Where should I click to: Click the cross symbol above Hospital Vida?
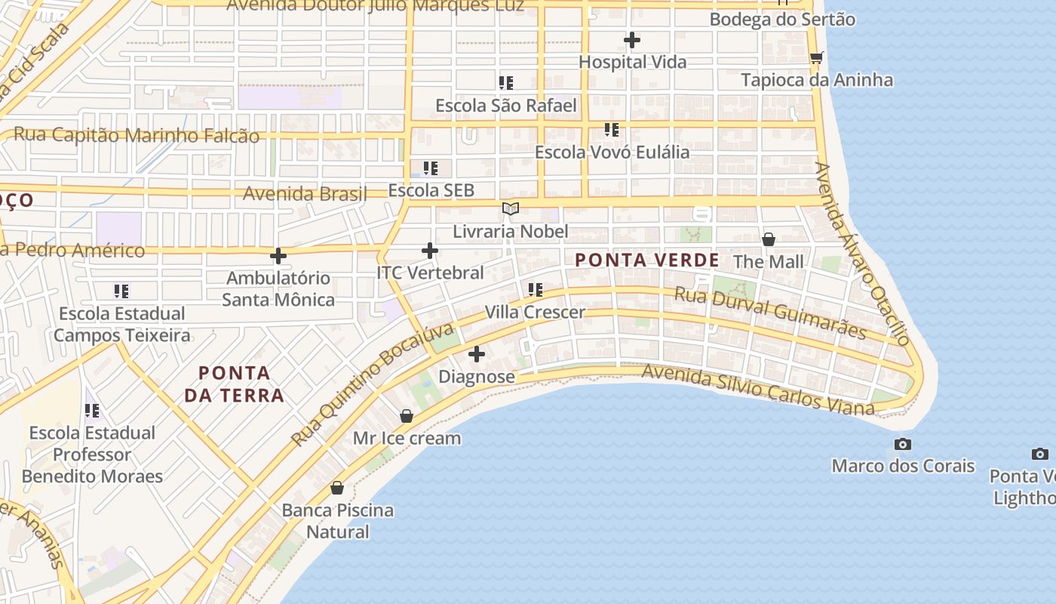pyautogui.click(x=632, y=39)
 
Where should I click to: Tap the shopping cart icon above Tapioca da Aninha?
pyautogui.click(x=816, y=57)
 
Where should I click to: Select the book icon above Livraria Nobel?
pyautogui.click(x=511, y=208)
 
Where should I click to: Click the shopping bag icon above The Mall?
pyautogui.click(x=768, y=239)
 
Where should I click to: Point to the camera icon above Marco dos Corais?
pyautogui.click(x=902, y=444)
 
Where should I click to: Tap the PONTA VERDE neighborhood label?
pyautogui.click(x=646, y=260)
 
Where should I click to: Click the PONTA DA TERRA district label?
pyautogui.click(x=234, y=384)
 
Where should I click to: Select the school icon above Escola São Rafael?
pyautogui.click(x=505, y=82)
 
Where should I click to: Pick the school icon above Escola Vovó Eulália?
pyautogui.click(x=612, y=130)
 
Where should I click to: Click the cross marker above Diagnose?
pyautogui.click(x=477, y=353)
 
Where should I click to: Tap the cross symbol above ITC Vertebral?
pyautogui.click(x=430, y=250)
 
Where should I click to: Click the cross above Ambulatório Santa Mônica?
pyautogui.click(x=278, y=256)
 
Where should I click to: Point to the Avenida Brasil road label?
pyautogui.click(x=304, y=193)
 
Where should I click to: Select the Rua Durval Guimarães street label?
pyautogui.click(x=769, y=312)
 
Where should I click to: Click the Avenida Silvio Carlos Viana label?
pyautogui.click(x=757, y=390)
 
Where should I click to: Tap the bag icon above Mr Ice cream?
pyautogui.click(x=407, y=416)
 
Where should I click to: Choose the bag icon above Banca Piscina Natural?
pyautogui.click(x=337, y=488)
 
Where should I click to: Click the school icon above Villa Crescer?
pyautogui.click(x=536, y=289)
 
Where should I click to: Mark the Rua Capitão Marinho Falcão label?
pyautogui.click(x=137, y=135)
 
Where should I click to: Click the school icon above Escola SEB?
pyautogui.click(x=431, y=168)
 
